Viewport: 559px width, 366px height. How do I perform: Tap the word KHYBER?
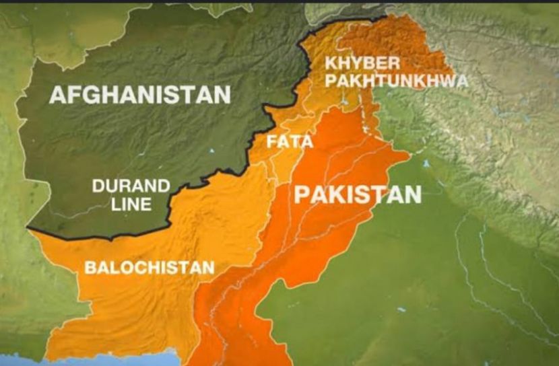coord(362,64)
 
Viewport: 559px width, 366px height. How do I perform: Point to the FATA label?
coord(290,142)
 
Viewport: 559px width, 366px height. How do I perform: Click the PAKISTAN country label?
coord(358,194)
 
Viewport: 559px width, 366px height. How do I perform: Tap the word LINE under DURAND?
coord(132,204)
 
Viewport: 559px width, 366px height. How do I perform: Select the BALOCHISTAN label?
coord(149,267)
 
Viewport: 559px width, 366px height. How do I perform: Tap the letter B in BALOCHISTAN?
coord(90,267)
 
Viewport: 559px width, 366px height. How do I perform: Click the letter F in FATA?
coord(271,142)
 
